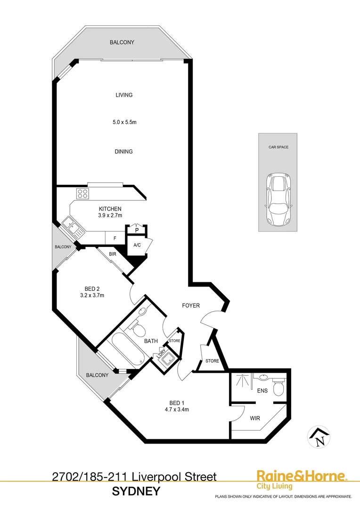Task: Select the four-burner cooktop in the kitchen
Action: coord(83,194)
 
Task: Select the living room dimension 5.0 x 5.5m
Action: coord(124,123)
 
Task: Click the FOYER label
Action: coord(191,305)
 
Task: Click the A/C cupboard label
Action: coord(137,245)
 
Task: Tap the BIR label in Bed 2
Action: coord(113,254)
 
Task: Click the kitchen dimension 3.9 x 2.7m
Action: coord(110,215)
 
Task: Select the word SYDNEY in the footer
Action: coord(136,492)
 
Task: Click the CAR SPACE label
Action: coord(278,147)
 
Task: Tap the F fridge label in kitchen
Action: coord(115,238)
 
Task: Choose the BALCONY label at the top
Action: coord(122,42)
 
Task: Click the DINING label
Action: coord(124,152)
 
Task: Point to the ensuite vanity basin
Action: coord(262,378)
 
